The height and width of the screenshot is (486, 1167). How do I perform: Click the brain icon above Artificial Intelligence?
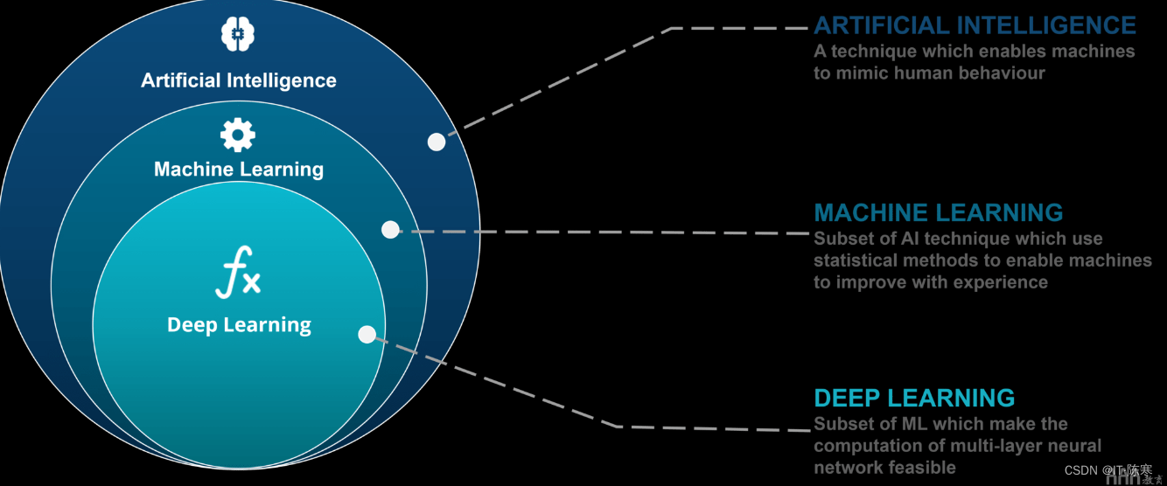coord(237,34)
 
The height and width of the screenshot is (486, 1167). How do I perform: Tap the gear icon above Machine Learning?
coord(238,135)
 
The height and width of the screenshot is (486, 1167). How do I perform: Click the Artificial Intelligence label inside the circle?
coord(239,80)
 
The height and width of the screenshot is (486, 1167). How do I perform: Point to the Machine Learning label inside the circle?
coord(239,169)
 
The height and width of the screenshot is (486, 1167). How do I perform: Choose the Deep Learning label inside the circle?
coord(239,325)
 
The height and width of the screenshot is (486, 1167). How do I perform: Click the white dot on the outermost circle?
coord(437,142)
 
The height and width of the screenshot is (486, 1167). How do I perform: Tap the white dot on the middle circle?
coord(390,229)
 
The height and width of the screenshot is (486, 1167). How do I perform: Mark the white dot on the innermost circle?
coord(367,334)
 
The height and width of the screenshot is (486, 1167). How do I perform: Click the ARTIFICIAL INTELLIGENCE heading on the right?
coord(975,24)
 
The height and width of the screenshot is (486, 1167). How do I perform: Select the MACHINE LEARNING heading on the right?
coord(938,212)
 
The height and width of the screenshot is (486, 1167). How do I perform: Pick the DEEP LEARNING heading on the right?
coord(914,399)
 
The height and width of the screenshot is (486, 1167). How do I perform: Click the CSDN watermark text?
coord(1081,470)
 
